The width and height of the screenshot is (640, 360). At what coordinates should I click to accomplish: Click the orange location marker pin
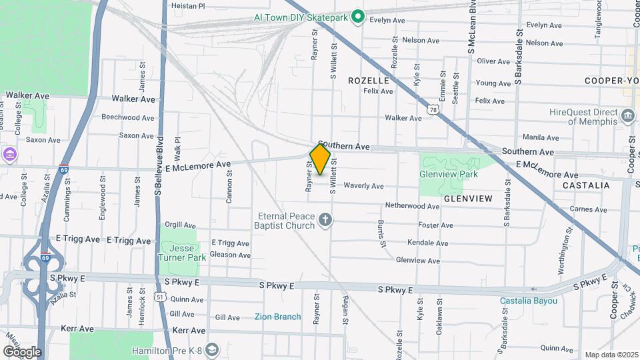pos(320,159)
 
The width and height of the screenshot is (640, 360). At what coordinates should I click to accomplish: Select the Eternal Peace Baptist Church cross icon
pos(325,220)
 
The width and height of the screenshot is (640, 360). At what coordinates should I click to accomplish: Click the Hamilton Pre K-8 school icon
pos(211,350)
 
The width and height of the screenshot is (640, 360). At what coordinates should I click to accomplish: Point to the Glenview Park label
pos(449,173)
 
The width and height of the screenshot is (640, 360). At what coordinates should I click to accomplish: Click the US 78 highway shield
pos(433,109)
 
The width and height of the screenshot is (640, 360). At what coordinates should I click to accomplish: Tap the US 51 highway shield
pos(159,295)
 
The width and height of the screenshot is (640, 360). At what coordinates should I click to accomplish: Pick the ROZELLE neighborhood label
pos(368,80)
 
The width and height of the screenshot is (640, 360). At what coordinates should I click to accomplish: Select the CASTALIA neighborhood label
pos(586,185)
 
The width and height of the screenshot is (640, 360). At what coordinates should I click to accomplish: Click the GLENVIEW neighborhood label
pos(467,199)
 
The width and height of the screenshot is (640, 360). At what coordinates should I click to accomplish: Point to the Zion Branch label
pos(277,317)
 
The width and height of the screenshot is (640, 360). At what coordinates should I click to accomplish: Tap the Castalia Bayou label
pos(529,301)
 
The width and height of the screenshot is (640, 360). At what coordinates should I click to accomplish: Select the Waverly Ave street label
pos(363,186)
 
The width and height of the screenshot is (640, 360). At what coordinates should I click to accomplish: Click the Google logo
pos(22,351)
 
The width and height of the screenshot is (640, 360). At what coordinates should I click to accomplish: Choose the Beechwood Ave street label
pos(128,117)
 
